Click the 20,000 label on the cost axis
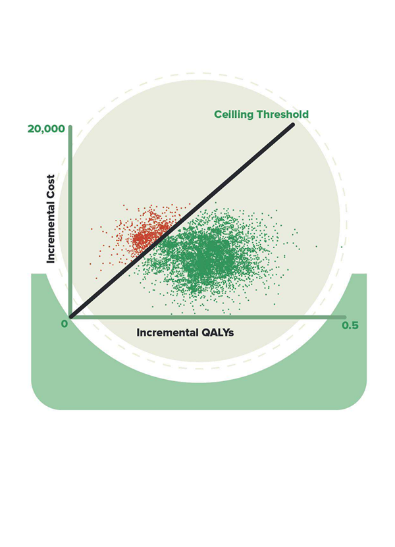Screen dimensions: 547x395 point(45,128)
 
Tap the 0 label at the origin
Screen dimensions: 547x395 point(65,324)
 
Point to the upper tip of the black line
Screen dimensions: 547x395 point(292,125)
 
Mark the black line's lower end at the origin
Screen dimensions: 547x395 point(71,317)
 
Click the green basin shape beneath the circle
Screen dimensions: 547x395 point(197,395)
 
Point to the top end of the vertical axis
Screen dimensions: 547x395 point(70,126)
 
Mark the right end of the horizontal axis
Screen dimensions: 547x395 point(344,317)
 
